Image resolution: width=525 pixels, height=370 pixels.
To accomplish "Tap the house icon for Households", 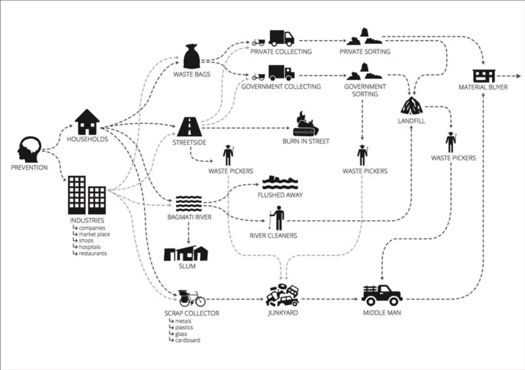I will [87, 122].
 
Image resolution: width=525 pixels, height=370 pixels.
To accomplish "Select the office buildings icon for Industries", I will [87, 194].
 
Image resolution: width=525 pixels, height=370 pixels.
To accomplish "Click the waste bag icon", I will [192, 56].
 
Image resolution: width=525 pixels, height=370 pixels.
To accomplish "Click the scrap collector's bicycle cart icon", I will [192, 297].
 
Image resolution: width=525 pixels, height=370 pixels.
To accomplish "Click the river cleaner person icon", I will [278, 218].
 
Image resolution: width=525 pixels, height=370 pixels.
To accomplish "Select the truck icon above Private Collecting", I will [281, 39].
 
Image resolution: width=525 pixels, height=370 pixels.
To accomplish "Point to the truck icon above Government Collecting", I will [281, 73].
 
